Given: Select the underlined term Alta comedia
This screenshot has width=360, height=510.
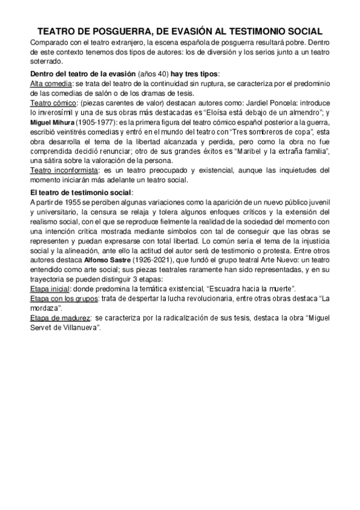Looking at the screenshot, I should tap(50, 84).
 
